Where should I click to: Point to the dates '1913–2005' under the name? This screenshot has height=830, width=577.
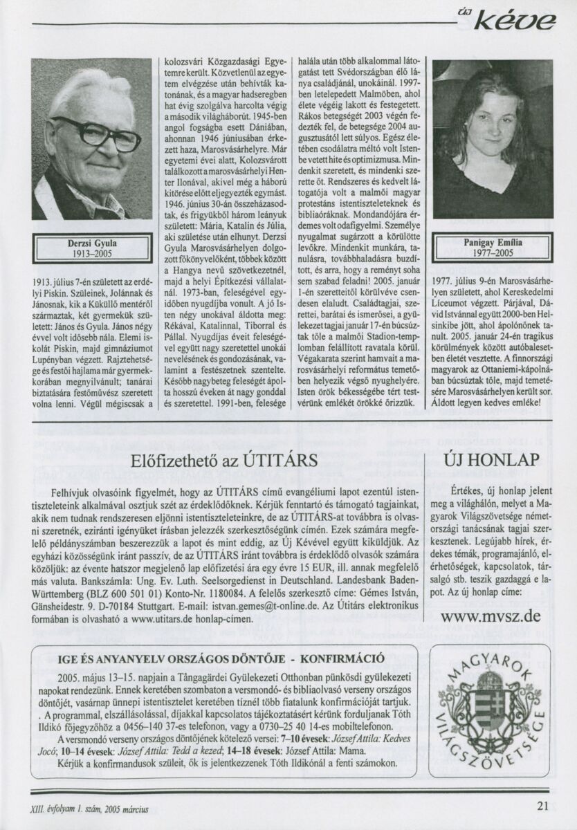(x=91, y=254)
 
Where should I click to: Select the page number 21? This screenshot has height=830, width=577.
(x=542, y=804)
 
